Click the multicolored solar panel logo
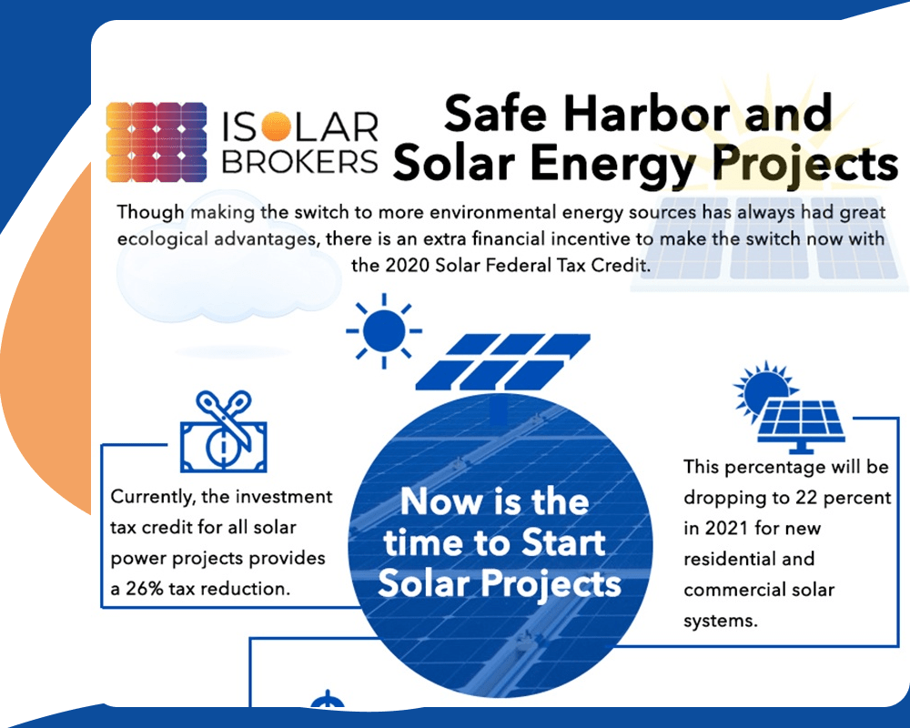pos(157,142)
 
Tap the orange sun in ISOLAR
pos(275,126)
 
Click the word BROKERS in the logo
pos(299,161)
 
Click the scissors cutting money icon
pos(224,431)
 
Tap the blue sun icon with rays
pos(384,331)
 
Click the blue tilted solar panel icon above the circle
pos(502,361)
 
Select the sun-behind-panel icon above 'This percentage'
pos(789,407)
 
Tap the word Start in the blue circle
pos(563,542)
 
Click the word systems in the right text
pos(721,622)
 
